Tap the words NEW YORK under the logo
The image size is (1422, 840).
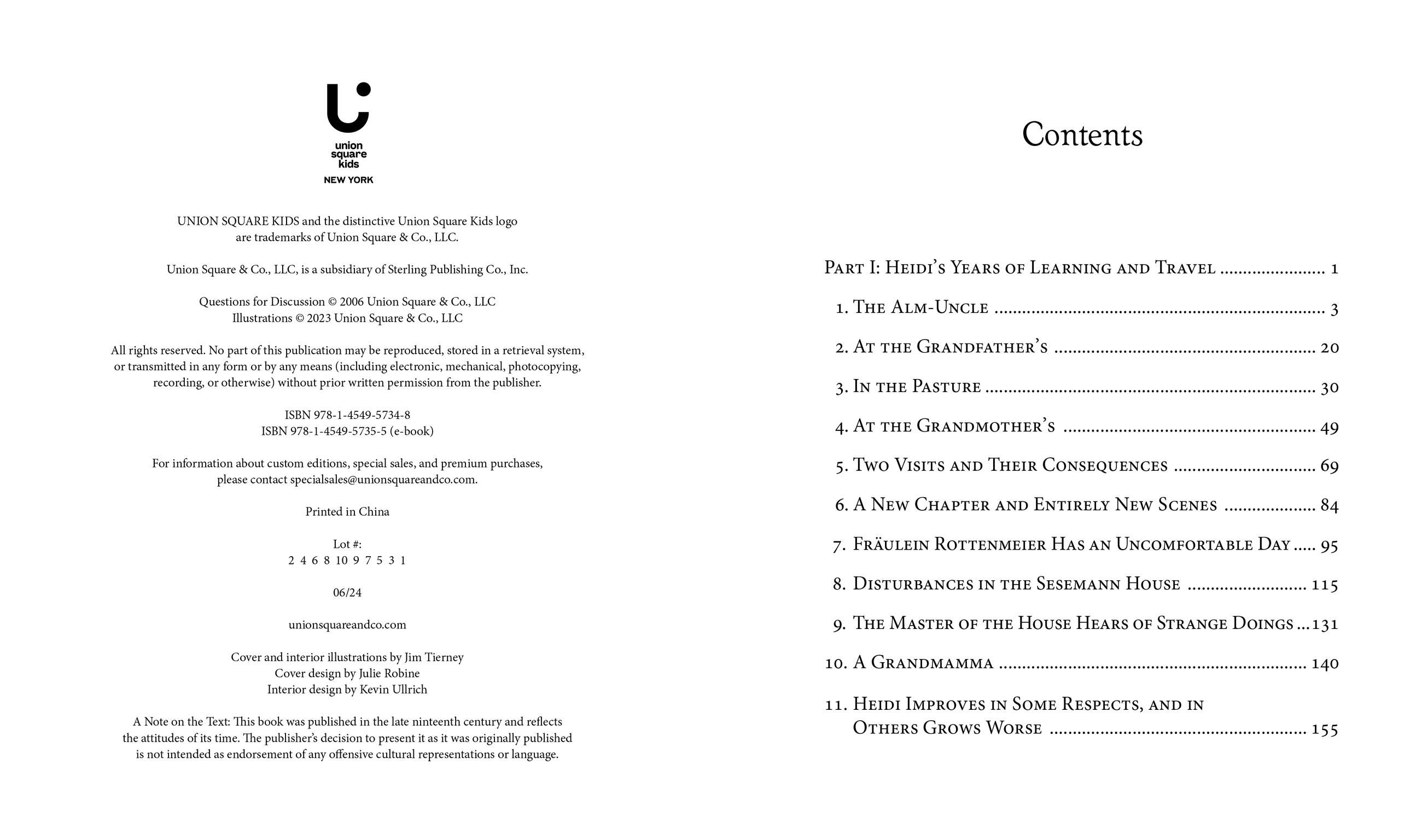[348, 180]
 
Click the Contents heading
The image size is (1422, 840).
[1082, 135]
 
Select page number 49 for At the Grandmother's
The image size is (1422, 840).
[1329, 427]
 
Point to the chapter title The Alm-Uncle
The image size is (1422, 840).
[920, 307]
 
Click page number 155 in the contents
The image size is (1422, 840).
[1325, 729]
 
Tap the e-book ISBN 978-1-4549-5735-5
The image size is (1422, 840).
[338, 431]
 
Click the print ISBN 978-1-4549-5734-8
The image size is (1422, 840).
[362, 415]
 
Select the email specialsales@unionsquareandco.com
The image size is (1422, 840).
[383, 480]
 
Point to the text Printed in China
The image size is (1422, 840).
[347, 512]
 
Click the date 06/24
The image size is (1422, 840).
[347, 593]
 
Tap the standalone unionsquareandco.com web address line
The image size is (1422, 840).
[347, 625]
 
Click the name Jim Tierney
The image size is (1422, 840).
[434, 657]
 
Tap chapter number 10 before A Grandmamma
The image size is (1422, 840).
[835, 663]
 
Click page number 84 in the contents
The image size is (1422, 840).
[1329, 505]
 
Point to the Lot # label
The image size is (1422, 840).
[347, 545]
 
